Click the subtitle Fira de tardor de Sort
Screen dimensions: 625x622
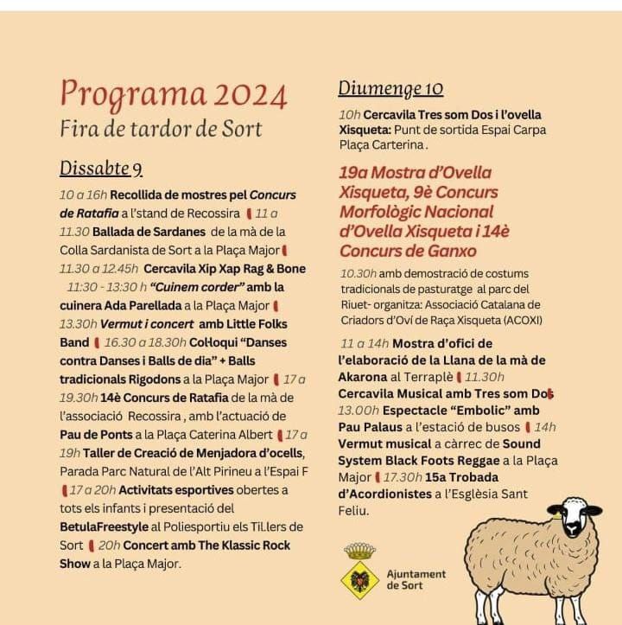point(161,129)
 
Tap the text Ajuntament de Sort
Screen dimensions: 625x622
point(416,579)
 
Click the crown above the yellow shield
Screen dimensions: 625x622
point(359,551)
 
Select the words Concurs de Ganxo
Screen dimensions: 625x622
point(408,251)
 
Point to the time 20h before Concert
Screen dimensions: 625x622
point(109,545)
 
